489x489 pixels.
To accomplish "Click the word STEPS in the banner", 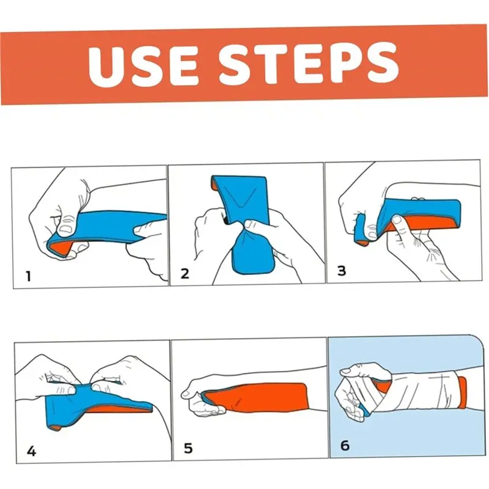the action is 309,63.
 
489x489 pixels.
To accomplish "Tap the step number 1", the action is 28,276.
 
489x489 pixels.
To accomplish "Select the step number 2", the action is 185,273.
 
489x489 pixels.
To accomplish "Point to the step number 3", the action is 342,270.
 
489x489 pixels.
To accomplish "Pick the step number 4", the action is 32,451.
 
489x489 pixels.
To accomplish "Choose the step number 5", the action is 188,448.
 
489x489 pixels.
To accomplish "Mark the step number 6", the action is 345,446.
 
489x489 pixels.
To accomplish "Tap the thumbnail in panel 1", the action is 66,230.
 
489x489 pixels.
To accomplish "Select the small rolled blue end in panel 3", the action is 361,230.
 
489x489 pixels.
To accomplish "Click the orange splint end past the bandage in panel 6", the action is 461,392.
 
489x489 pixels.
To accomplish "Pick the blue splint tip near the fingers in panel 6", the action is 364,411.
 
